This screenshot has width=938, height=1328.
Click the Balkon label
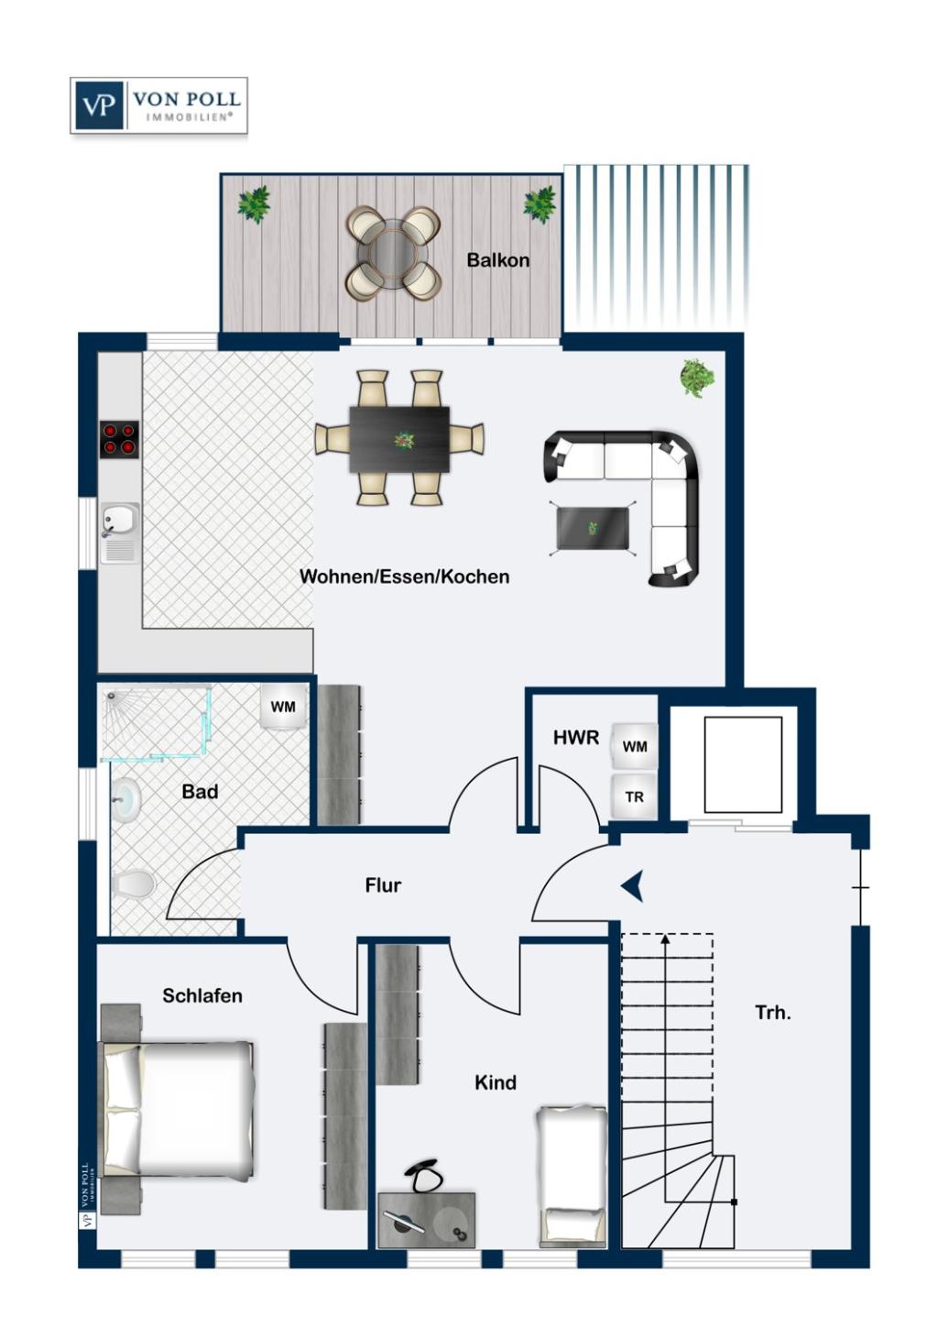[497, 259]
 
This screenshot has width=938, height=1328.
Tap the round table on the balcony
[394, 252]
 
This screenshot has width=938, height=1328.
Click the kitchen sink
[120, 532]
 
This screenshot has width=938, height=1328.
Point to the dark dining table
[399, 439]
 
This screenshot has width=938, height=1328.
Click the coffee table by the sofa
[594, 528]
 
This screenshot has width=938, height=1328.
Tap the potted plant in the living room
[697, 377]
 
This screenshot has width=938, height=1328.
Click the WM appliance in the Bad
[284, 707]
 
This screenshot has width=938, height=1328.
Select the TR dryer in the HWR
[634, 796]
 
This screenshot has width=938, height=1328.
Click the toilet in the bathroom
[134, 884]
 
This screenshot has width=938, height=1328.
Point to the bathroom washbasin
[126, 799]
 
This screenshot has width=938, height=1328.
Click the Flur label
[383, 885]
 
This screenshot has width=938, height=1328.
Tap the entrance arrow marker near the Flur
[633, 886]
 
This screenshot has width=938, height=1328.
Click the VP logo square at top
[99, 105]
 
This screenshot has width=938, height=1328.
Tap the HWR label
[576, 738]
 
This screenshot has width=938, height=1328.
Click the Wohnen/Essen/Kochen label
[404, 576]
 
